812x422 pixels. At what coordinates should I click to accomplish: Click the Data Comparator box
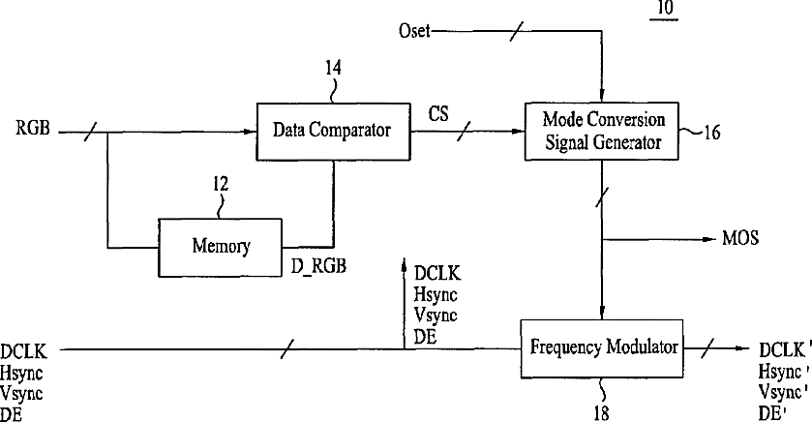(x=334, y=131)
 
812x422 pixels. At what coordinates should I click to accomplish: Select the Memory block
(x=220, y=248)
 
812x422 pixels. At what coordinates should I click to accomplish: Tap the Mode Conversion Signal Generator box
(x=602, y=131)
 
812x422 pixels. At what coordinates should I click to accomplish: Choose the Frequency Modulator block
(x=601, y=348)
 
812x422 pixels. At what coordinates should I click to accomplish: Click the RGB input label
(x=33, y=128)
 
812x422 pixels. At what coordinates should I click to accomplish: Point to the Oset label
(x=414, y=31)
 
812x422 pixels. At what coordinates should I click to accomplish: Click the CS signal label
(x=438, y=114)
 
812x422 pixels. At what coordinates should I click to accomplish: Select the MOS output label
(x=740, y=238)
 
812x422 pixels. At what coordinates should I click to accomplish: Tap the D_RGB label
(x=318, y=267)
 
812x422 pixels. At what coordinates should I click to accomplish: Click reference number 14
(x=333, y=68)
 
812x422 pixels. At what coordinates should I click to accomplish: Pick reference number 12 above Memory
(x=220, y=184)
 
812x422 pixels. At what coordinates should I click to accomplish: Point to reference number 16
(x=711, y=133)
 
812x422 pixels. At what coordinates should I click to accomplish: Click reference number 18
(x=601, y=413)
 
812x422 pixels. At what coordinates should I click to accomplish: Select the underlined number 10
(x=665, y=9)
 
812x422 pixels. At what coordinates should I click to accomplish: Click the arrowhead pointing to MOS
(x=708, y=239)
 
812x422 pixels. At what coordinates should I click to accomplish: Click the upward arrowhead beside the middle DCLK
(x=404, y=265)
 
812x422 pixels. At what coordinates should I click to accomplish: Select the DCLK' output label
(x=782, y=350)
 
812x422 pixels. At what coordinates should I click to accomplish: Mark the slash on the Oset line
(x=516, y=31)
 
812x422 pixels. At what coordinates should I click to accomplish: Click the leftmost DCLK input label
(x=23, y=351)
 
